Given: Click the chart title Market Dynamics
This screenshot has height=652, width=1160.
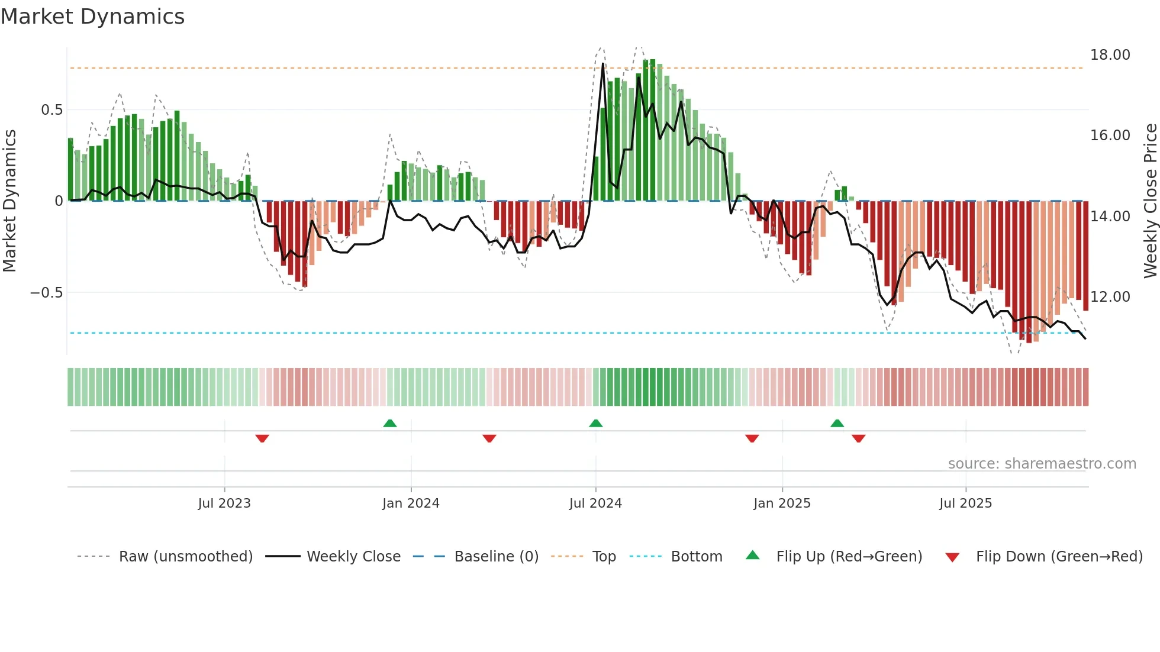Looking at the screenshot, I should coord(92,17).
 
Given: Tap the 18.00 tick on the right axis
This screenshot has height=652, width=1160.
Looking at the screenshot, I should coord(1110,55).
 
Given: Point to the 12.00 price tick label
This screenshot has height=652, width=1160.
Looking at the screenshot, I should coord(1110,297).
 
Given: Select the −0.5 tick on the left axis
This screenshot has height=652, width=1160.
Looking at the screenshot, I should coord(46,293).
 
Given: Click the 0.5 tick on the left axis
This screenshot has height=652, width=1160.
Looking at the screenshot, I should coord(51,110).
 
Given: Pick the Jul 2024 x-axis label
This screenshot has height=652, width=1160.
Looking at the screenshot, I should coord(595,503).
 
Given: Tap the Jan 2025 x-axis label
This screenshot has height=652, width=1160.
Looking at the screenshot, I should coord(782,503).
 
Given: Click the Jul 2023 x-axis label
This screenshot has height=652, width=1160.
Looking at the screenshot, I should coord(224,503).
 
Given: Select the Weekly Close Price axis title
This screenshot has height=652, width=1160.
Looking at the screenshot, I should coord(1150,201).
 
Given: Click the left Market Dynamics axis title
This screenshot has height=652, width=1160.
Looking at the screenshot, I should coord(9,201).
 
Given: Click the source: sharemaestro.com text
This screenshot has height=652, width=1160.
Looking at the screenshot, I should coord(1042,464).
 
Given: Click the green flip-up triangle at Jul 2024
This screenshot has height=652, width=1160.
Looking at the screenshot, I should coord(596,424).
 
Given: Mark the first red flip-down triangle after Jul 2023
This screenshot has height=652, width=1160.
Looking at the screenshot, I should coord(262,438).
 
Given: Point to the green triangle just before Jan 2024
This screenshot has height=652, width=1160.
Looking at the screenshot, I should coord(389,424).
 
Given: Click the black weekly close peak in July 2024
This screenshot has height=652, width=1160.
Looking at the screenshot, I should coord(603,64).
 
